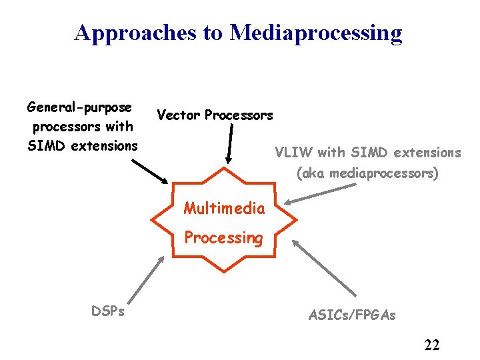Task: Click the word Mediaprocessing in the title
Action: coord(316,33)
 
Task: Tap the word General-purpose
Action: coord(79,107)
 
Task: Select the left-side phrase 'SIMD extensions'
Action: coord(83,145)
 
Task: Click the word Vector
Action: coord(179,115)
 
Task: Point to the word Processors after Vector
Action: coord(239,115)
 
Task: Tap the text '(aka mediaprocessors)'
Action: coord(367,174)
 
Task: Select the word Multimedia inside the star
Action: coord(224,209)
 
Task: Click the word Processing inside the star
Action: coord(224,237)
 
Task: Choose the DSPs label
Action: coord(107,311)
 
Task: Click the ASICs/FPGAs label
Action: coord(352,315)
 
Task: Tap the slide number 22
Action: coord(431,345)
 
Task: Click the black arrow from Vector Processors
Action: coord(231,144)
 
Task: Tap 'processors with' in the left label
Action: coord(83,126)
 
